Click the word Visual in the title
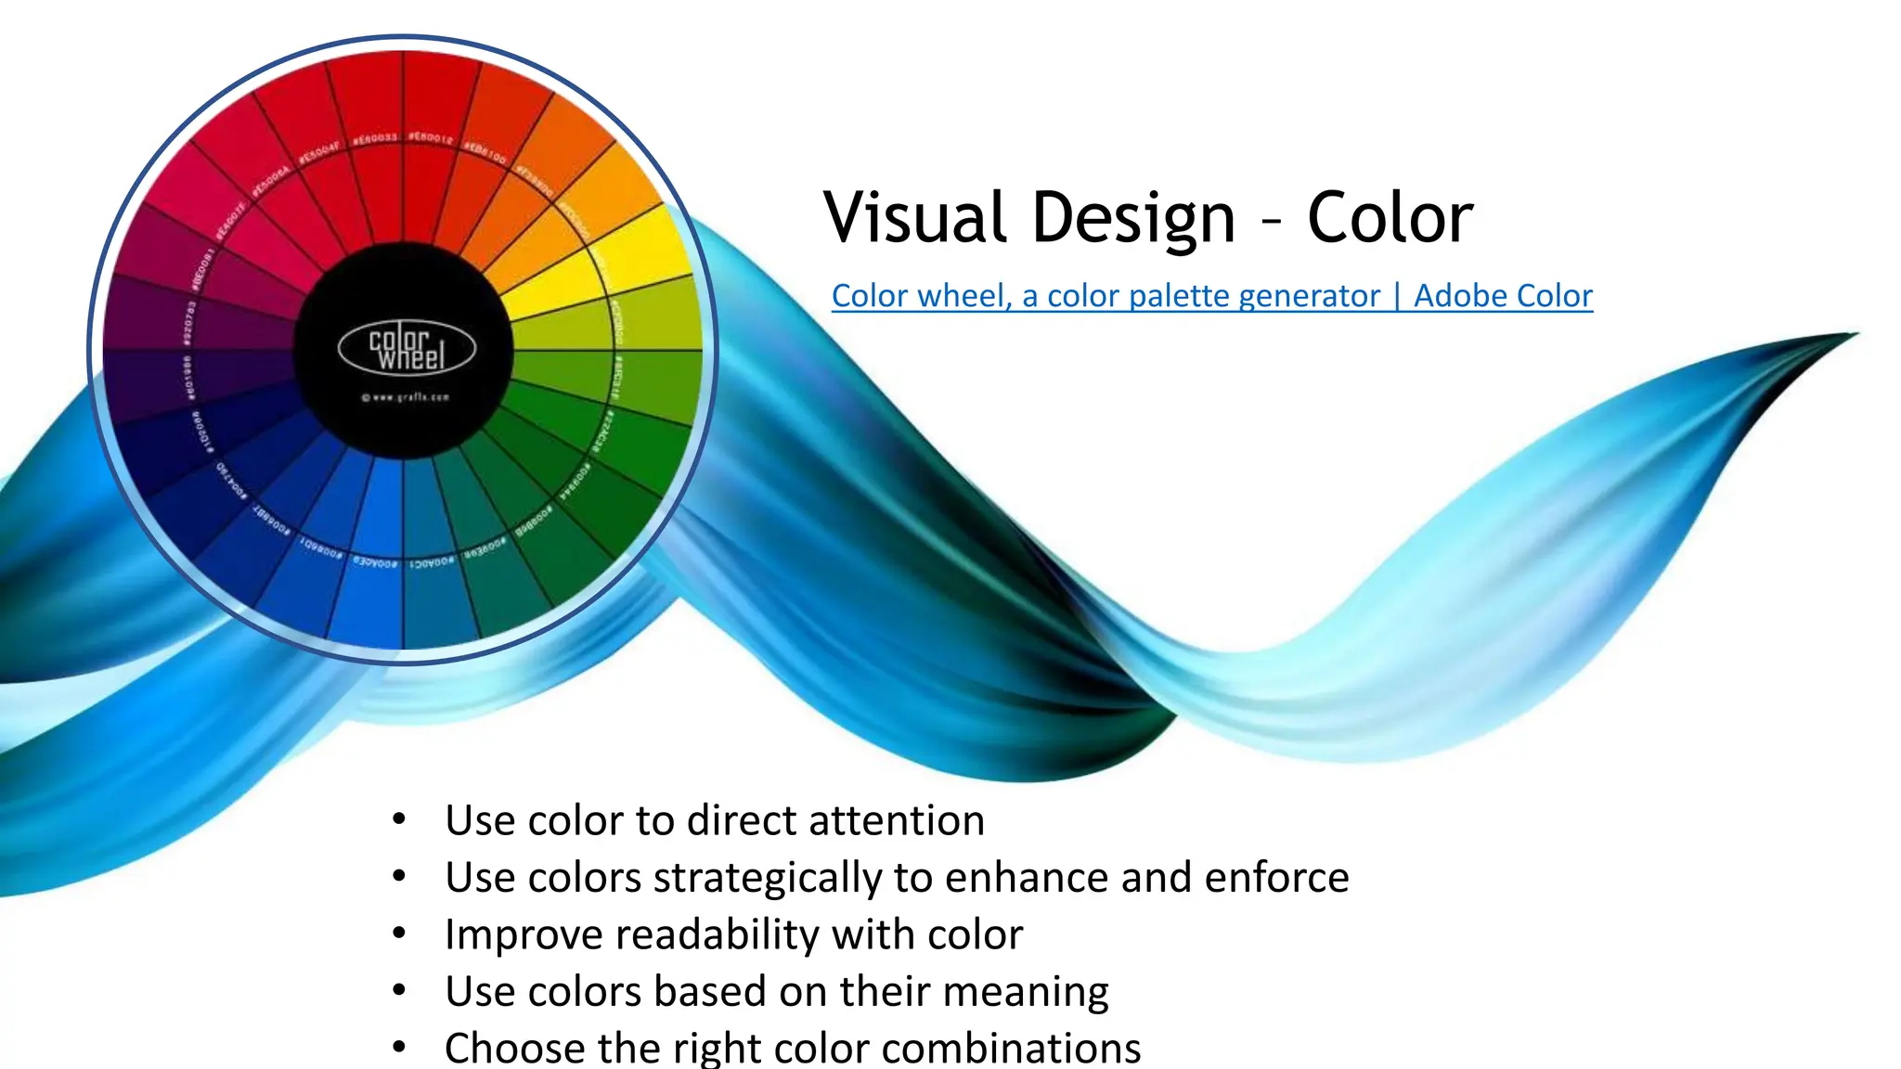914,217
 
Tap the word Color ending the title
1390,217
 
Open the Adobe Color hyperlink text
1503,296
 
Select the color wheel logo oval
407,348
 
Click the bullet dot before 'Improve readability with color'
399,933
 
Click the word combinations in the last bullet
1011,1049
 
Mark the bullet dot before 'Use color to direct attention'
399,818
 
